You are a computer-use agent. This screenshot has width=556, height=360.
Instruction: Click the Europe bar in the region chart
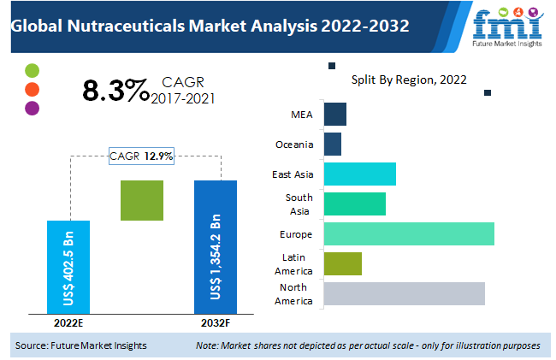[409, 233]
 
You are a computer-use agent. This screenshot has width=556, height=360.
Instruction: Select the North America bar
[405, 293]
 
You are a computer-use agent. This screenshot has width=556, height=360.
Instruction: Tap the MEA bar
[335, 114]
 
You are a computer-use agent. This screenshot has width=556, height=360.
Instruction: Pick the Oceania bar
[333, 144]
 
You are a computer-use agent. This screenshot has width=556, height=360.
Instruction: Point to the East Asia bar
[360, 174]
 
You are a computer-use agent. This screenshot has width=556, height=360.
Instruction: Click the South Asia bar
[355, 204]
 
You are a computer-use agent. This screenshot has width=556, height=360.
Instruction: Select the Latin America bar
[343, 263]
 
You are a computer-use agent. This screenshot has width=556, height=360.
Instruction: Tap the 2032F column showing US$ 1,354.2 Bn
[216, 246]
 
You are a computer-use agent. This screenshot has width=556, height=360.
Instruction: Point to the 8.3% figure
[115, 90]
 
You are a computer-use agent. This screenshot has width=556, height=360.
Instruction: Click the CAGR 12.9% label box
[141, 156]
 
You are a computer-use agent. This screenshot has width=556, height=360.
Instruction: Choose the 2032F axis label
[216, 323]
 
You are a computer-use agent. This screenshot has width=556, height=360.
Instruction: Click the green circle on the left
[33, 70]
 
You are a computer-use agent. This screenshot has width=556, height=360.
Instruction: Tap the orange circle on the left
[33, 89]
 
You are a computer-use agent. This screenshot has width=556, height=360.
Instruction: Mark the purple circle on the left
[33, 108]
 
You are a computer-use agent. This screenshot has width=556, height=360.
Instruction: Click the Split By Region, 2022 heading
[409, 80]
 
